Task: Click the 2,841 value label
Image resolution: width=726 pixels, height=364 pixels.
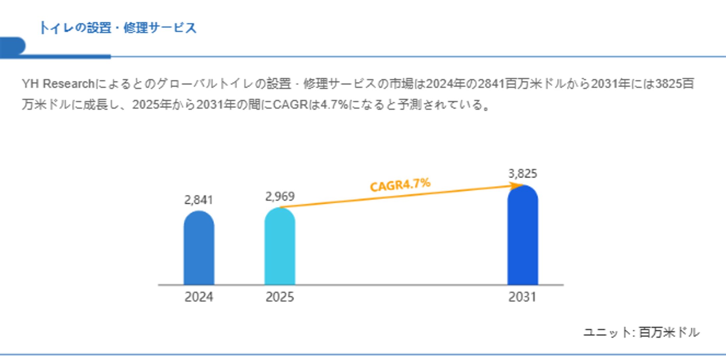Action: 199,200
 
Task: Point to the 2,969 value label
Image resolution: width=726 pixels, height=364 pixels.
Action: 280,197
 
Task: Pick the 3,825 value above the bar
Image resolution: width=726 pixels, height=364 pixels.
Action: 523,174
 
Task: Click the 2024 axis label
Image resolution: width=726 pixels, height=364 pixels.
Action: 199,297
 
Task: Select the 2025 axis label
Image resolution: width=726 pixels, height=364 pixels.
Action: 280,297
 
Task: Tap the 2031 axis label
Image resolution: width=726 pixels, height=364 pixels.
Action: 523,297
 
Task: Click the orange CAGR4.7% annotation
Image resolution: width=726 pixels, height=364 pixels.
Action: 400,185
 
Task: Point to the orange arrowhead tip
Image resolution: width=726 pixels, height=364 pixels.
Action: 521,186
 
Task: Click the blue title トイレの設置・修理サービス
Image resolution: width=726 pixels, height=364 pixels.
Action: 118,28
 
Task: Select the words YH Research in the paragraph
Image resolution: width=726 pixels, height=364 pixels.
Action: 58,84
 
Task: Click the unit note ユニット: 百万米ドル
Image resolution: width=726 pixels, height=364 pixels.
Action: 641,332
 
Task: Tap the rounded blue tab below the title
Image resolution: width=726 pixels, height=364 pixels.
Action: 13,46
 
